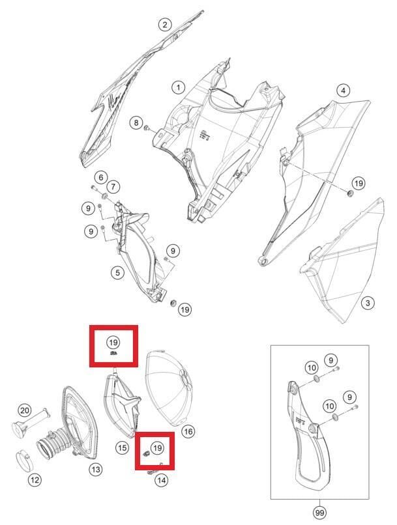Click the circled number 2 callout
tap(165, 24)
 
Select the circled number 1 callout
tap(178, 88)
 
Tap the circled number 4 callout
tap(343, 91)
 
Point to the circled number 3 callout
tap(368, 304)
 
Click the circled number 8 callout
tap(136, 123)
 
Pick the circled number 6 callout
tap(101, 177)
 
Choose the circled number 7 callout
tap(113, 186)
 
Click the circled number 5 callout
tap(117, 272)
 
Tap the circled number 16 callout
tap(188, 432)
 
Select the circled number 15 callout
tap(123, 447)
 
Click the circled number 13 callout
tap(96, 470)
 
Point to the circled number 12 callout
tap(35, 480)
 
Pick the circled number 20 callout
tap(24, 410)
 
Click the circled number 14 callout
tap(161, 481)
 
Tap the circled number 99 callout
tap(319, 513)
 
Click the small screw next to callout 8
tap(147, 128)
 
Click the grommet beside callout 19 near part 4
tap(350, 193)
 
